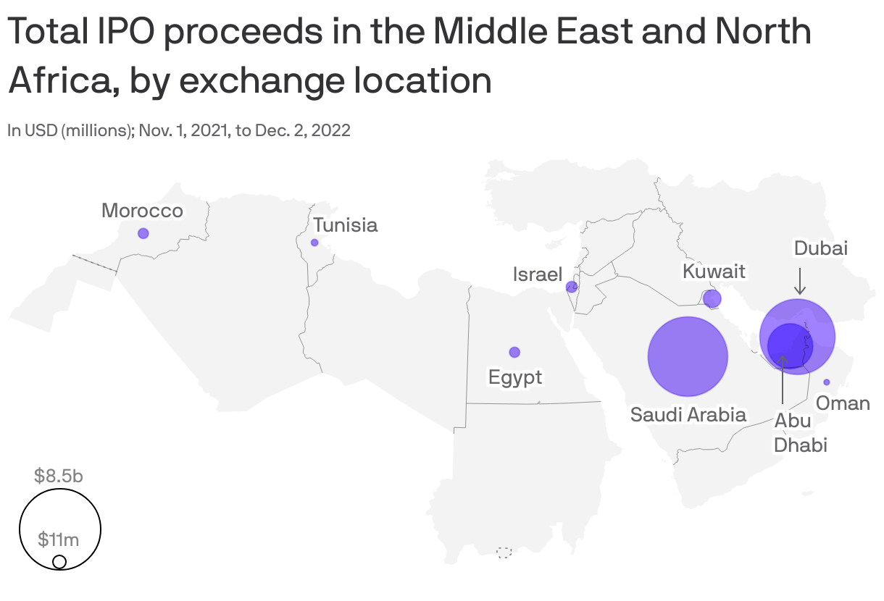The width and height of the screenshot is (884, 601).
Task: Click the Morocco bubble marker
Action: [x=143, y=233]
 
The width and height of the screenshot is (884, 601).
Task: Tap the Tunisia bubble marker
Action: [x=314, y=243]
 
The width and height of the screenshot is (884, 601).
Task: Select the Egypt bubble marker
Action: [x=514, y=352]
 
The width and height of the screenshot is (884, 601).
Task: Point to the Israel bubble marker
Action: [x=572, y=287]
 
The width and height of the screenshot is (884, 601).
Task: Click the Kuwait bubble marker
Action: [x=712, y=298]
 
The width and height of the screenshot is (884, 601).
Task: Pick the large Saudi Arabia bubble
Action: [x=687, y=356]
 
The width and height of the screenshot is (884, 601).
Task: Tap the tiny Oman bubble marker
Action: [x=827, y=382]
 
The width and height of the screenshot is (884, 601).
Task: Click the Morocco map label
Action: [x=142, y=211]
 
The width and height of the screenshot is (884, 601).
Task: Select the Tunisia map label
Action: [x=346, y=225]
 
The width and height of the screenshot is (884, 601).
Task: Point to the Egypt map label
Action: [x=515, y=377]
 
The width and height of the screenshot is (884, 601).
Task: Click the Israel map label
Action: [x=538, y=274]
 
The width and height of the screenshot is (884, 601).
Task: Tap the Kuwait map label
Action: [x=714, y=272]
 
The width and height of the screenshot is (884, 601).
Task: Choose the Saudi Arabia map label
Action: [x=688, y=415]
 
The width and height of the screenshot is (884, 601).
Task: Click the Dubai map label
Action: [x=821, y=248]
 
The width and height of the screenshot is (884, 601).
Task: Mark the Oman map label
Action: [x=843, y=403]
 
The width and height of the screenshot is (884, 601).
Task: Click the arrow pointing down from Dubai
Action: [x=800, y=282]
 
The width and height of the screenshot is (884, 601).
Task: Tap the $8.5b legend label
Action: [x=59, y=476]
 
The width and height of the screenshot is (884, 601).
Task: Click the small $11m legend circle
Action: [x=60, y=562]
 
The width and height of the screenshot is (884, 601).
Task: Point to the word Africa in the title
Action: [x=57, y=80]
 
